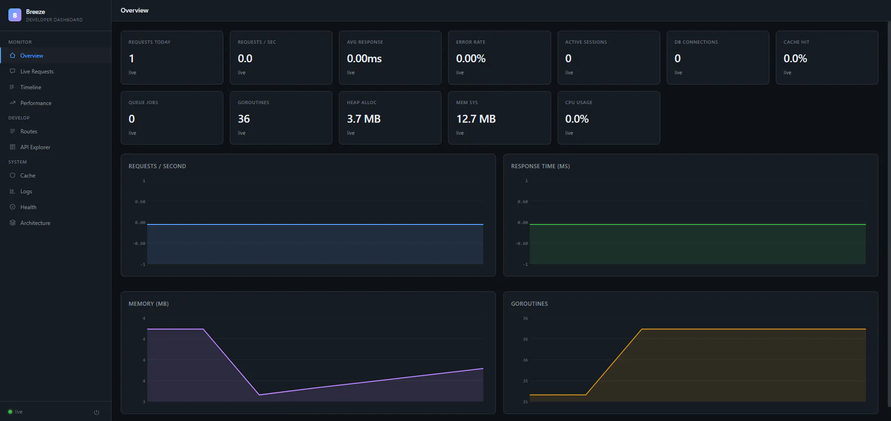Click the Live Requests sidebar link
click(x=37, y=72)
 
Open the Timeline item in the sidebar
click(x=31, y=87)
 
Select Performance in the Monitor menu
click(x=36, y=103)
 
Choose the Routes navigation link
click(x=29, y=132)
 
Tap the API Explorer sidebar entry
click(x=35, y=147)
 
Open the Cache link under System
click(x=28, y=176)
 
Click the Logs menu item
click(x=26, y=191)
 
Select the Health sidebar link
click(x=28, y=207)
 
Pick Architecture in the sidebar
click(x=35, y=223)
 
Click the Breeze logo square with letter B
click(x=15, y=15)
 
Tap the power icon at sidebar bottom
click(x=97, y=412)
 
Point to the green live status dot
click(x=10, y=412)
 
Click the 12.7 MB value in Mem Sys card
click(x=476, y=119)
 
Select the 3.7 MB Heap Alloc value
click(x=364, y=119)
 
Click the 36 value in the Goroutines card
click(x=244, y=119)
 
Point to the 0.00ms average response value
click(x=364, y=59)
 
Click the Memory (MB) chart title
click(x=149, y=304)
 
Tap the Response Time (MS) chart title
click(x=540, y=166)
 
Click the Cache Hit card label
click(x=796, y=42)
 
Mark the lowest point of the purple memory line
click(x=259, y=395)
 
